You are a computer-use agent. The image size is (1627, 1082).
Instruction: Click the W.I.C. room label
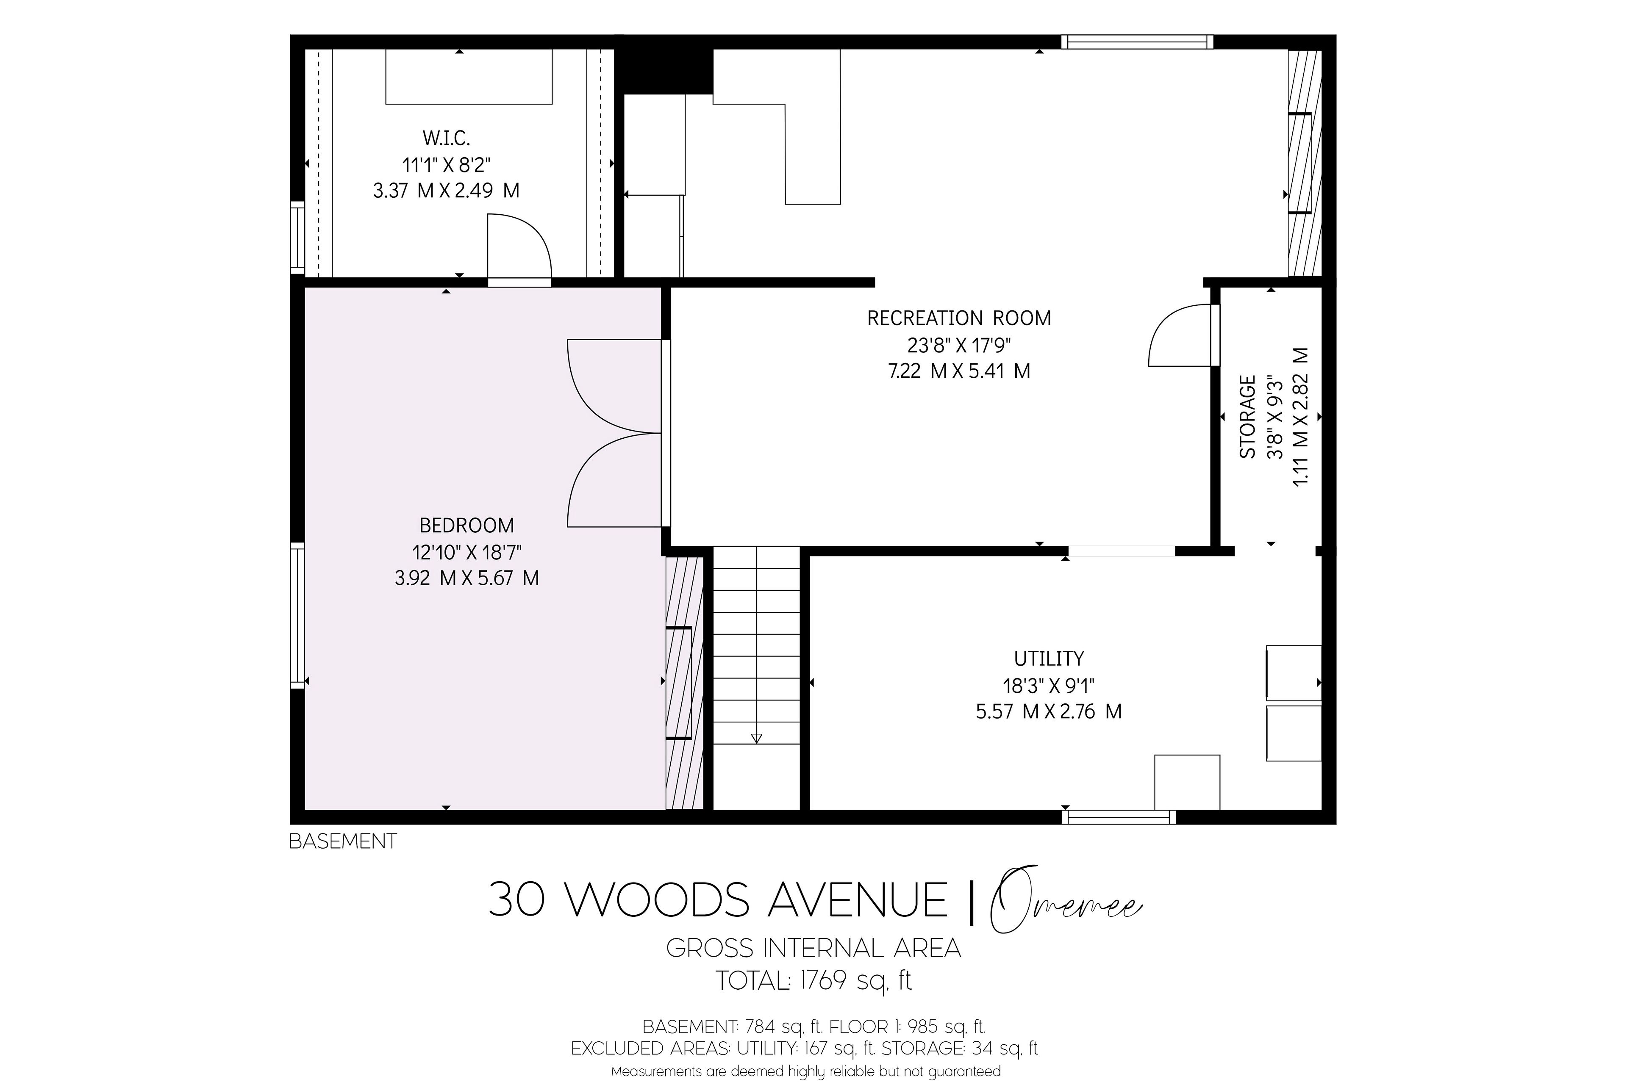point(446,138)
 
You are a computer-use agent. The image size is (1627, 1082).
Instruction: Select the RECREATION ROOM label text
point(959,318)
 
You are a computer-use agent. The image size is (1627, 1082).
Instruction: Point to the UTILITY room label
point(1049,659)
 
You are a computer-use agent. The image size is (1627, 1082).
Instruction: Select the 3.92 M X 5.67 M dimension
point(466,578)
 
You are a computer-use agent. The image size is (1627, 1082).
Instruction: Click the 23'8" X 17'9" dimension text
point(959,344)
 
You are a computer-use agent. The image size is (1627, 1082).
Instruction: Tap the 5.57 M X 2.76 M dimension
point(1049,711)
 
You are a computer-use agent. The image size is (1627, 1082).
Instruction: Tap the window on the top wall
point(1137,42)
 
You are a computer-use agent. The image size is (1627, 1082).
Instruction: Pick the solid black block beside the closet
point(664,72)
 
